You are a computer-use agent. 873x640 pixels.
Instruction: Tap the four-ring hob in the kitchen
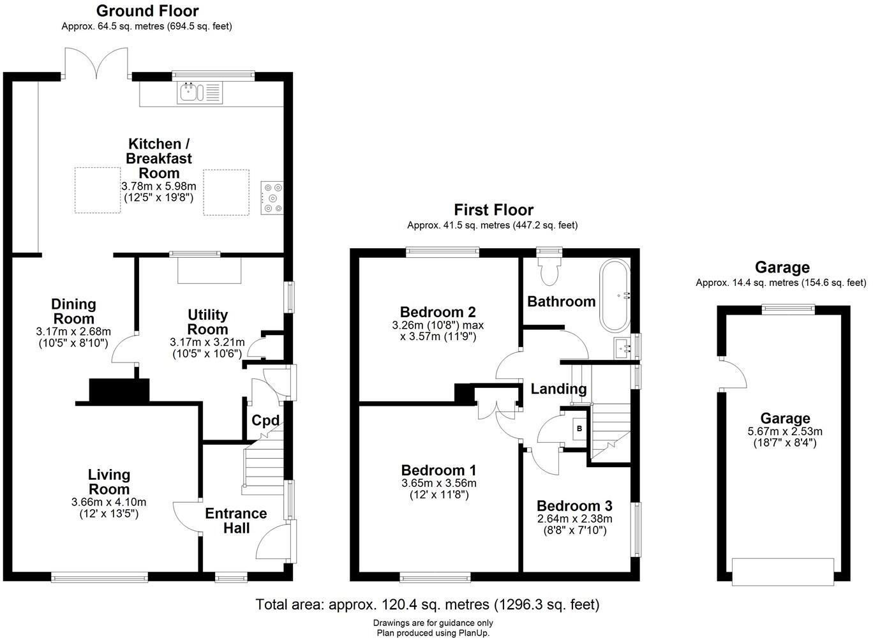[272, 197]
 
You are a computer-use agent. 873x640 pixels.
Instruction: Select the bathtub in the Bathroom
[615, 295]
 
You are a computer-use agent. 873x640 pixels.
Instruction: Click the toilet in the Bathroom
[548, 271]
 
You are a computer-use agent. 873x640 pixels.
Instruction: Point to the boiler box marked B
[579, 428]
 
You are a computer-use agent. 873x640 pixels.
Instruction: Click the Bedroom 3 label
[574, 505]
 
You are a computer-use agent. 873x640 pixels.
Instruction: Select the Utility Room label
[207, 322]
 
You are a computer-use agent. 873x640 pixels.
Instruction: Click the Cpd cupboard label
[265, 420]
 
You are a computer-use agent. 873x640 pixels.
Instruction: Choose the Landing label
[558, 389]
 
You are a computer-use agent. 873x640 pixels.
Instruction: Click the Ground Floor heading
[147, 11]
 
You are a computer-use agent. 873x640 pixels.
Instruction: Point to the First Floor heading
[493, 209]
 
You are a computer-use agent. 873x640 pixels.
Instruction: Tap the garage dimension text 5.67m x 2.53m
[784, 431]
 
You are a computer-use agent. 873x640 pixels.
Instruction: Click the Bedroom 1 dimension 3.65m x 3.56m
[438, 483]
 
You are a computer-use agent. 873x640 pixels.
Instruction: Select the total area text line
[427, 604]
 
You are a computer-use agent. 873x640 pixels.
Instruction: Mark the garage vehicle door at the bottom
[782, 571]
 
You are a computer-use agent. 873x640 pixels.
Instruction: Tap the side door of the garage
[733, 374]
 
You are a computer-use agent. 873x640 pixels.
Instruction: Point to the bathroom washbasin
[623, 348]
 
